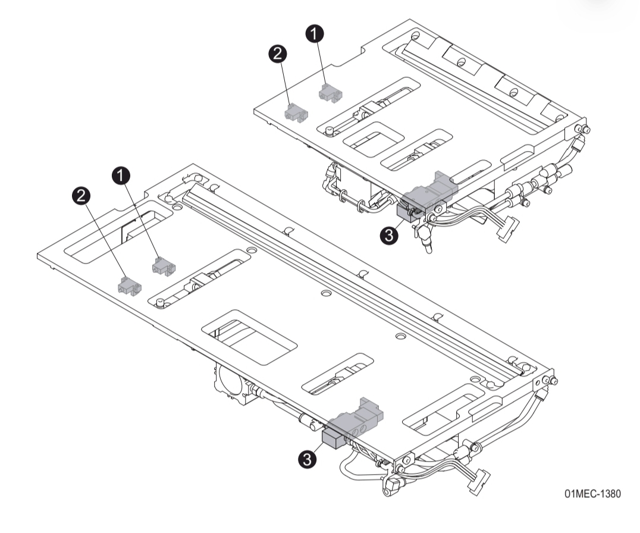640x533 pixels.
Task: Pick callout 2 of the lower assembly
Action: click(x=81, y=195)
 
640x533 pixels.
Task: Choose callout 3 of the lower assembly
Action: click(x=307, y=458)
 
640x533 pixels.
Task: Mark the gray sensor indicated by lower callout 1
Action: click(x=162, y=265)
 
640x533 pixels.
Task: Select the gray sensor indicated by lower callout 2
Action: click(x=128, y=285)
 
